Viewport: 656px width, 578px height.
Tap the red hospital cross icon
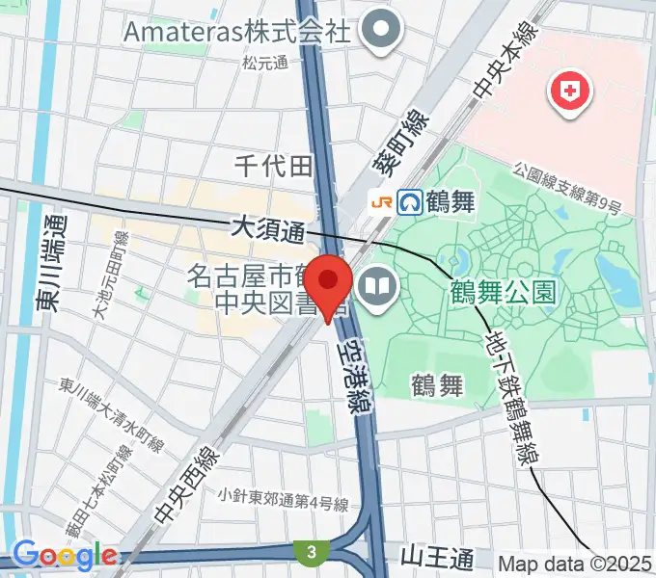(568, 92)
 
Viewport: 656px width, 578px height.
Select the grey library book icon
(375, 285)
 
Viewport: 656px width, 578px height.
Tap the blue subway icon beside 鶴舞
(410, 201)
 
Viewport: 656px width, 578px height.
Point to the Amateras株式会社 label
(235, 31)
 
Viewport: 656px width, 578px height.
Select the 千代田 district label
(274, 166)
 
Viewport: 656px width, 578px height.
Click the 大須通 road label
(267, 230)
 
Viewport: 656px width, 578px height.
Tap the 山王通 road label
(437, 557)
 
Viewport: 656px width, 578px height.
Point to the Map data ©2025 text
(576, 562)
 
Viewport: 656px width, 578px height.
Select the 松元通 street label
(265, 63)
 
